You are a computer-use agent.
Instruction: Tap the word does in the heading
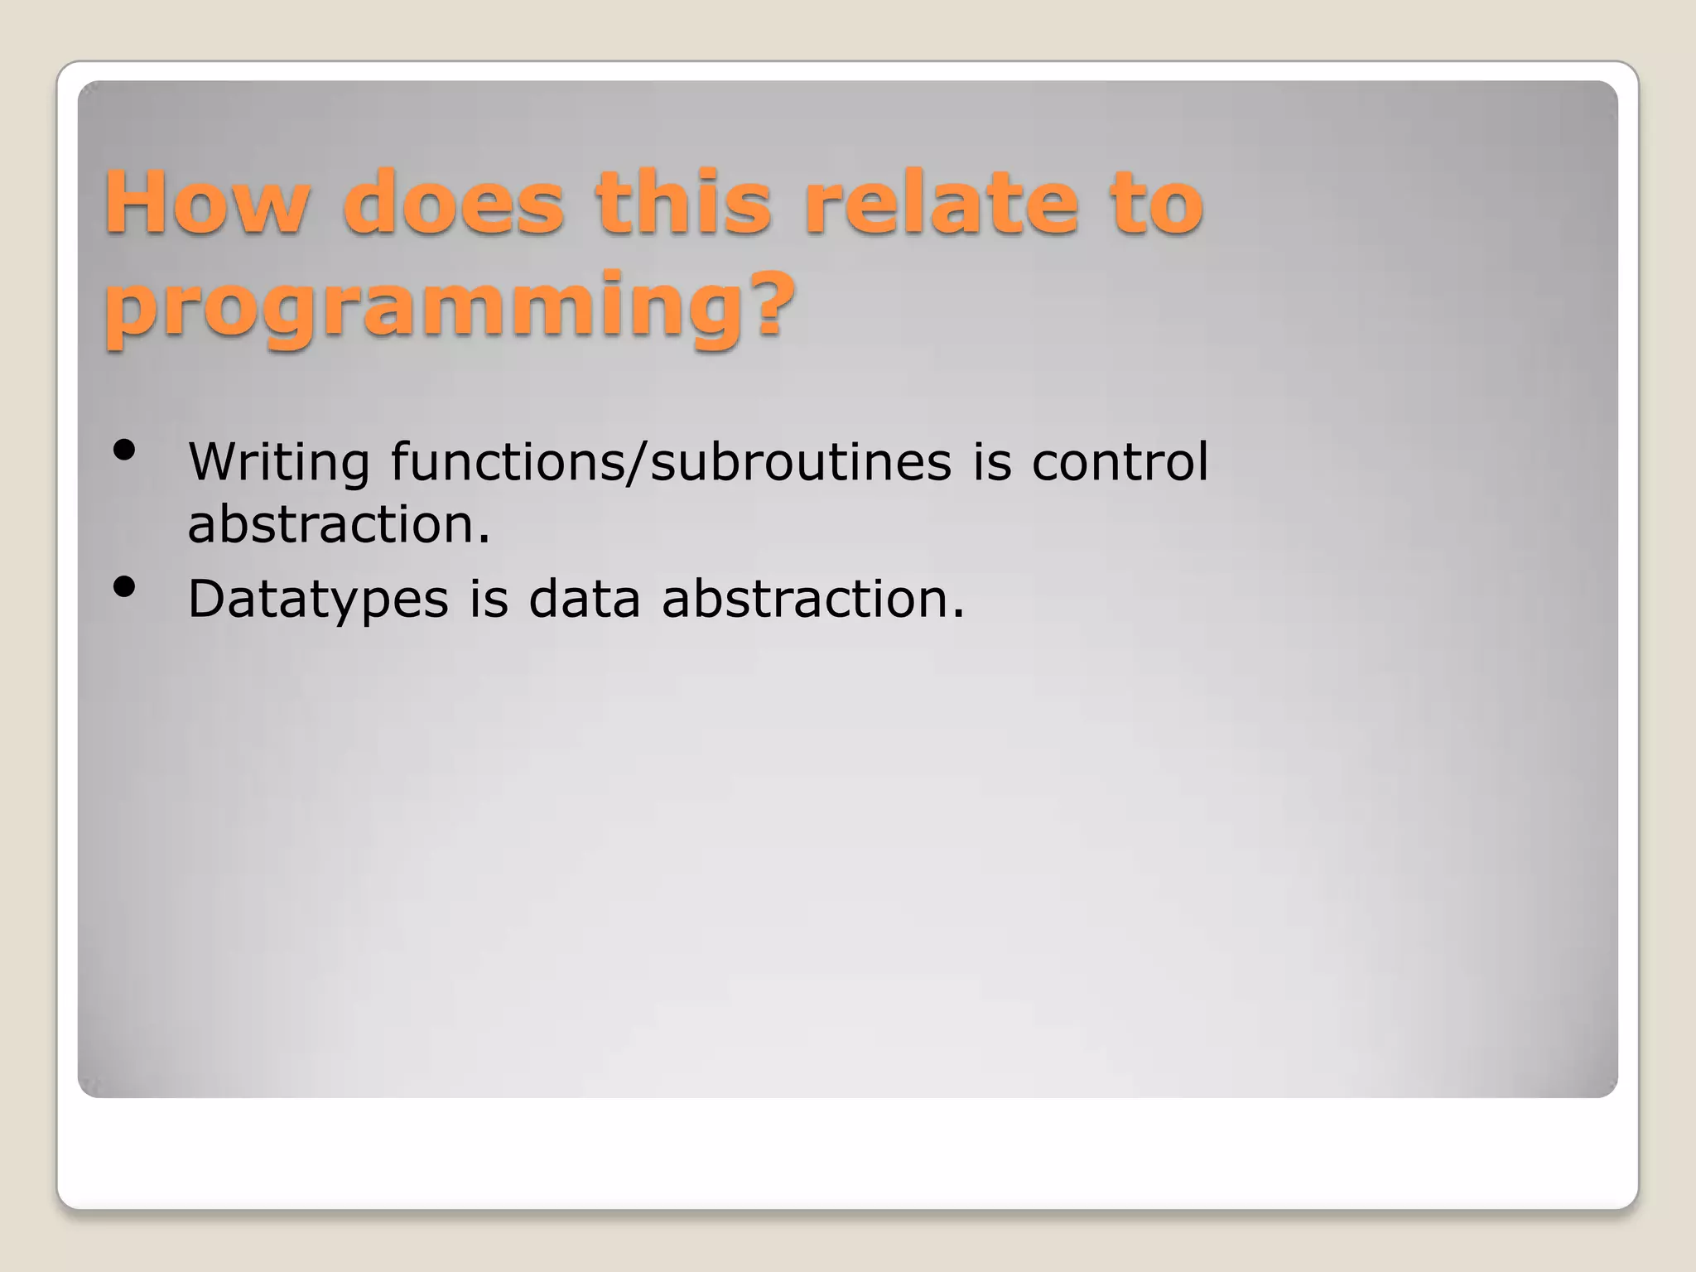(453, 203)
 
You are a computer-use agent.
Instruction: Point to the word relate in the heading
(942, 203)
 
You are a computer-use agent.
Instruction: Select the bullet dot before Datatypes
(124, 587)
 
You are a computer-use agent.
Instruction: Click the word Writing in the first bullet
(278, 462)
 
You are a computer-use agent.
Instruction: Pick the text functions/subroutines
(671, 462)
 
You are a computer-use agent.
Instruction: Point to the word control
(1120, 462)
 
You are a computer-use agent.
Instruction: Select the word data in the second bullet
(585, 599)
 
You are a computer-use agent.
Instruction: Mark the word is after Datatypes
(489, 599)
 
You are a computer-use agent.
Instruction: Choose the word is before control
(991, 462)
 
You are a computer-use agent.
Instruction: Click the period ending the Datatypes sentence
(958, 615)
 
